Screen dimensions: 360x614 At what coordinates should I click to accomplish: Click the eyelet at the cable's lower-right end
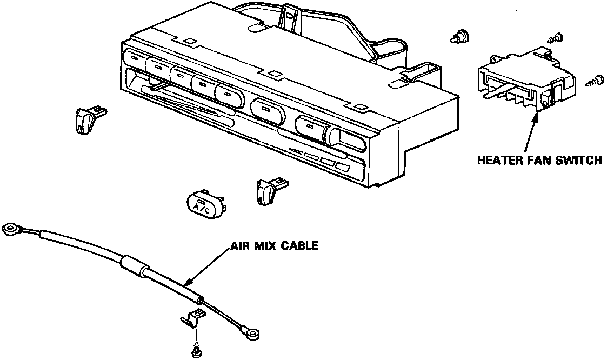pos(250,330)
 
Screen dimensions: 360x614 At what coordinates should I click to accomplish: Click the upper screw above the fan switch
pos(557,38)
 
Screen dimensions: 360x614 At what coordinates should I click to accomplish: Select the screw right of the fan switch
pos(596,79)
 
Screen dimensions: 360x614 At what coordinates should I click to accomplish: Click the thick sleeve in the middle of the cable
pos(133,267)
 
